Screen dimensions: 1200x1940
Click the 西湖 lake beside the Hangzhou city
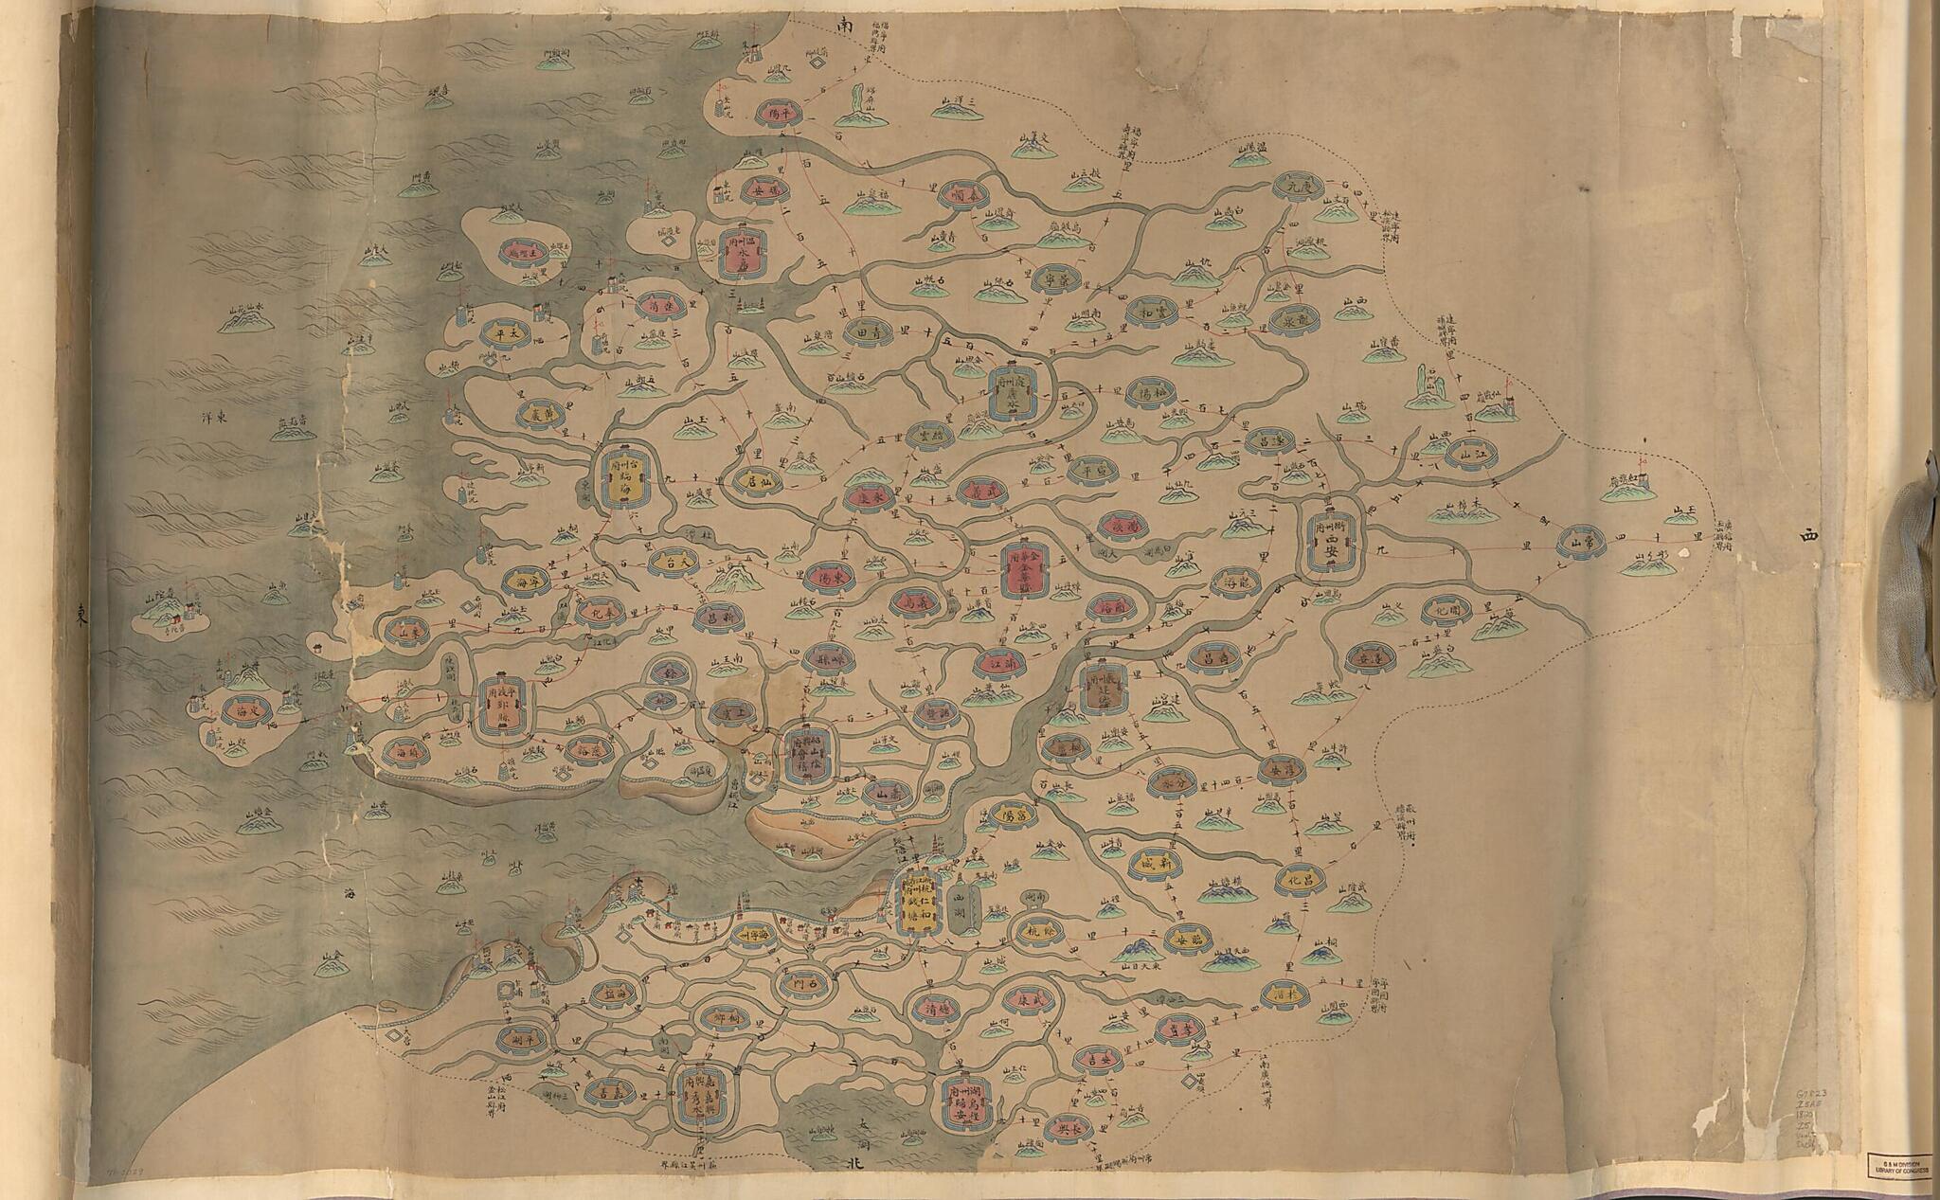(x=964, y=903)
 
